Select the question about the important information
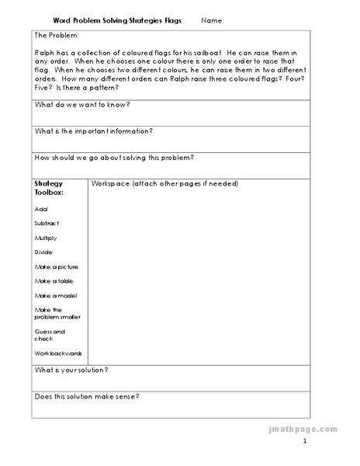point(94,131)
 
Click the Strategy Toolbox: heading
point(49,188)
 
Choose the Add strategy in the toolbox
point(41,209)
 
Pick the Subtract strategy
point(47,223)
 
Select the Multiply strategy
point(46,238)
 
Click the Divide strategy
point(44,252)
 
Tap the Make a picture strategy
point(57,266)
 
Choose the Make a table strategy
point(54,281)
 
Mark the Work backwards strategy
point(59,353)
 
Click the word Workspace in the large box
point(111,184)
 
